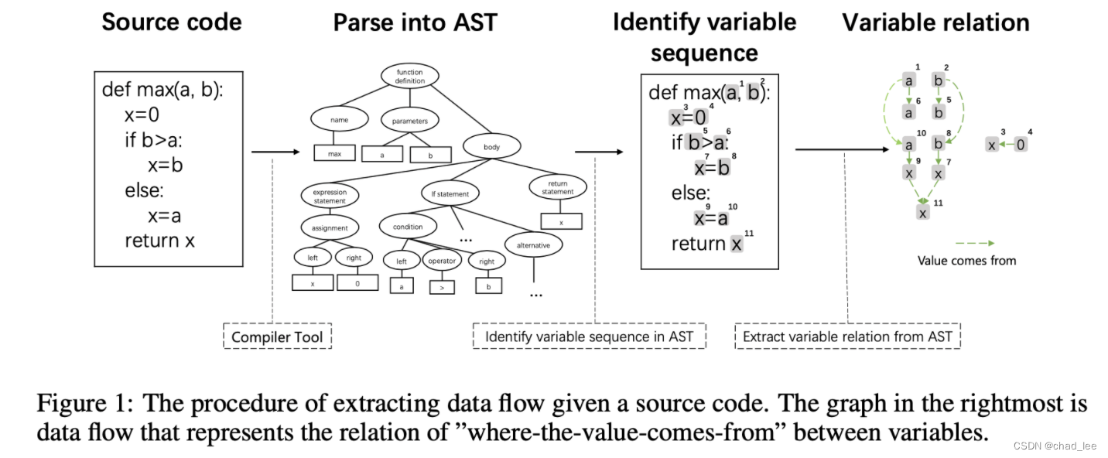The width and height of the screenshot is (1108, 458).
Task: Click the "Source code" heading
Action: [172, 22]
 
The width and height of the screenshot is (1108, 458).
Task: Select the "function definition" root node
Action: [410, 76]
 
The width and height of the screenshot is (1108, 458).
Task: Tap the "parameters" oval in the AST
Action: [410, 121]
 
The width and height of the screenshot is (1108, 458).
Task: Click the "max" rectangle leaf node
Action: [334, 153]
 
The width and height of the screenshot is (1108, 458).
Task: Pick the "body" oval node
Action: [492, 145]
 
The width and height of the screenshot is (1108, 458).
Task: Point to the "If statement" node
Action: [450, 193]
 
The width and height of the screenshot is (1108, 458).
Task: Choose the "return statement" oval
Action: [558, 187]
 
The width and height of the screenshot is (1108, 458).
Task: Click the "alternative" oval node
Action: [533, 245]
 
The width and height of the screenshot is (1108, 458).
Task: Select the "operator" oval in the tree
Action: [442, 261]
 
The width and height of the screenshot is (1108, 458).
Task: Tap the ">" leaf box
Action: [442, 286]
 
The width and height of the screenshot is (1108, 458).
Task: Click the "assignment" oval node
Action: [330, 227]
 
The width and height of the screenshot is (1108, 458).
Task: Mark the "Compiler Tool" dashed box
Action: [277, 337]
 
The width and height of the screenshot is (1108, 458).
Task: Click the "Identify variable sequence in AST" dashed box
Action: [589, 337]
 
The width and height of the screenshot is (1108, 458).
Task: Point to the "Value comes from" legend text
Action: [966, 261]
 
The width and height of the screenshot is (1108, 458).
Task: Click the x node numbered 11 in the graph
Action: [922, 210]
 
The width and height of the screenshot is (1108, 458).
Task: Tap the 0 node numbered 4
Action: [1021, 144]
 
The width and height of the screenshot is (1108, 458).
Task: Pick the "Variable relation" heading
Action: [935, 22]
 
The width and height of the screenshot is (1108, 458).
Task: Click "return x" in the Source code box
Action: [160, 241]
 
